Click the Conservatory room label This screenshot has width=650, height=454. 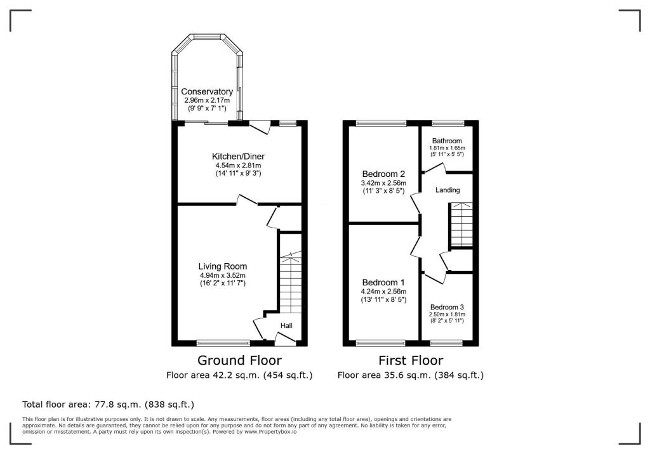tap(207, 92)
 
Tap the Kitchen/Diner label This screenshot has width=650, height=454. tap(238, 156)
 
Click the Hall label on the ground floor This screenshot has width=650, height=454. tap(287, 326)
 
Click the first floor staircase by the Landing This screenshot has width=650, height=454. tap(461, 225)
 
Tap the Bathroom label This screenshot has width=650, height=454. tap(447, 141)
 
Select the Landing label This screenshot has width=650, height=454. tap(447, 190)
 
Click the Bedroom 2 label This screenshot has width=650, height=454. tap(383, 174)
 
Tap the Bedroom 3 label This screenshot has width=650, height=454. tap(447, 307)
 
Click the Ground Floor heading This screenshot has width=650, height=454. tap(239, 361)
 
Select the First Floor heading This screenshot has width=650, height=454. tap(410, 361)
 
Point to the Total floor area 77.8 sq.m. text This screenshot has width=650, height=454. tap(108, 404)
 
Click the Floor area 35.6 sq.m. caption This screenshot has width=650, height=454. tap(410, 375)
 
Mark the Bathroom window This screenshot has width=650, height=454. tap(448, 123)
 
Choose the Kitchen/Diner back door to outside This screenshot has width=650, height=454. tap(260, 127)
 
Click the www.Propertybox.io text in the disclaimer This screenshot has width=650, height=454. tap(271, 431)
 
